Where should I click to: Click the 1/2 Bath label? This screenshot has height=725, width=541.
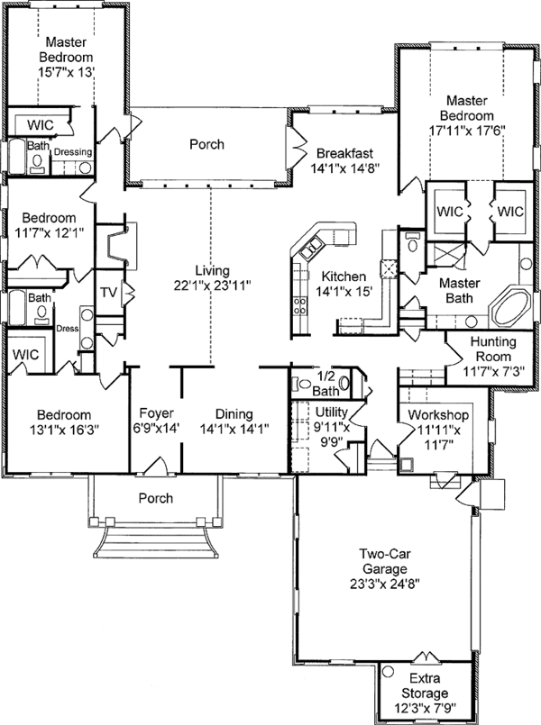(x=326, y=383)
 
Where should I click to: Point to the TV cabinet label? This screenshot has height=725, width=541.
(x=108, y=292)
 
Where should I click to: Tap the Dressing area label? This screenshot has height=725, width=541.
(x=72, y=152)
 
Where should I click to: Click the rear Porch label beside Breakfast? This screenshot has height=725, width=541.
(x=206, y=144)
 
